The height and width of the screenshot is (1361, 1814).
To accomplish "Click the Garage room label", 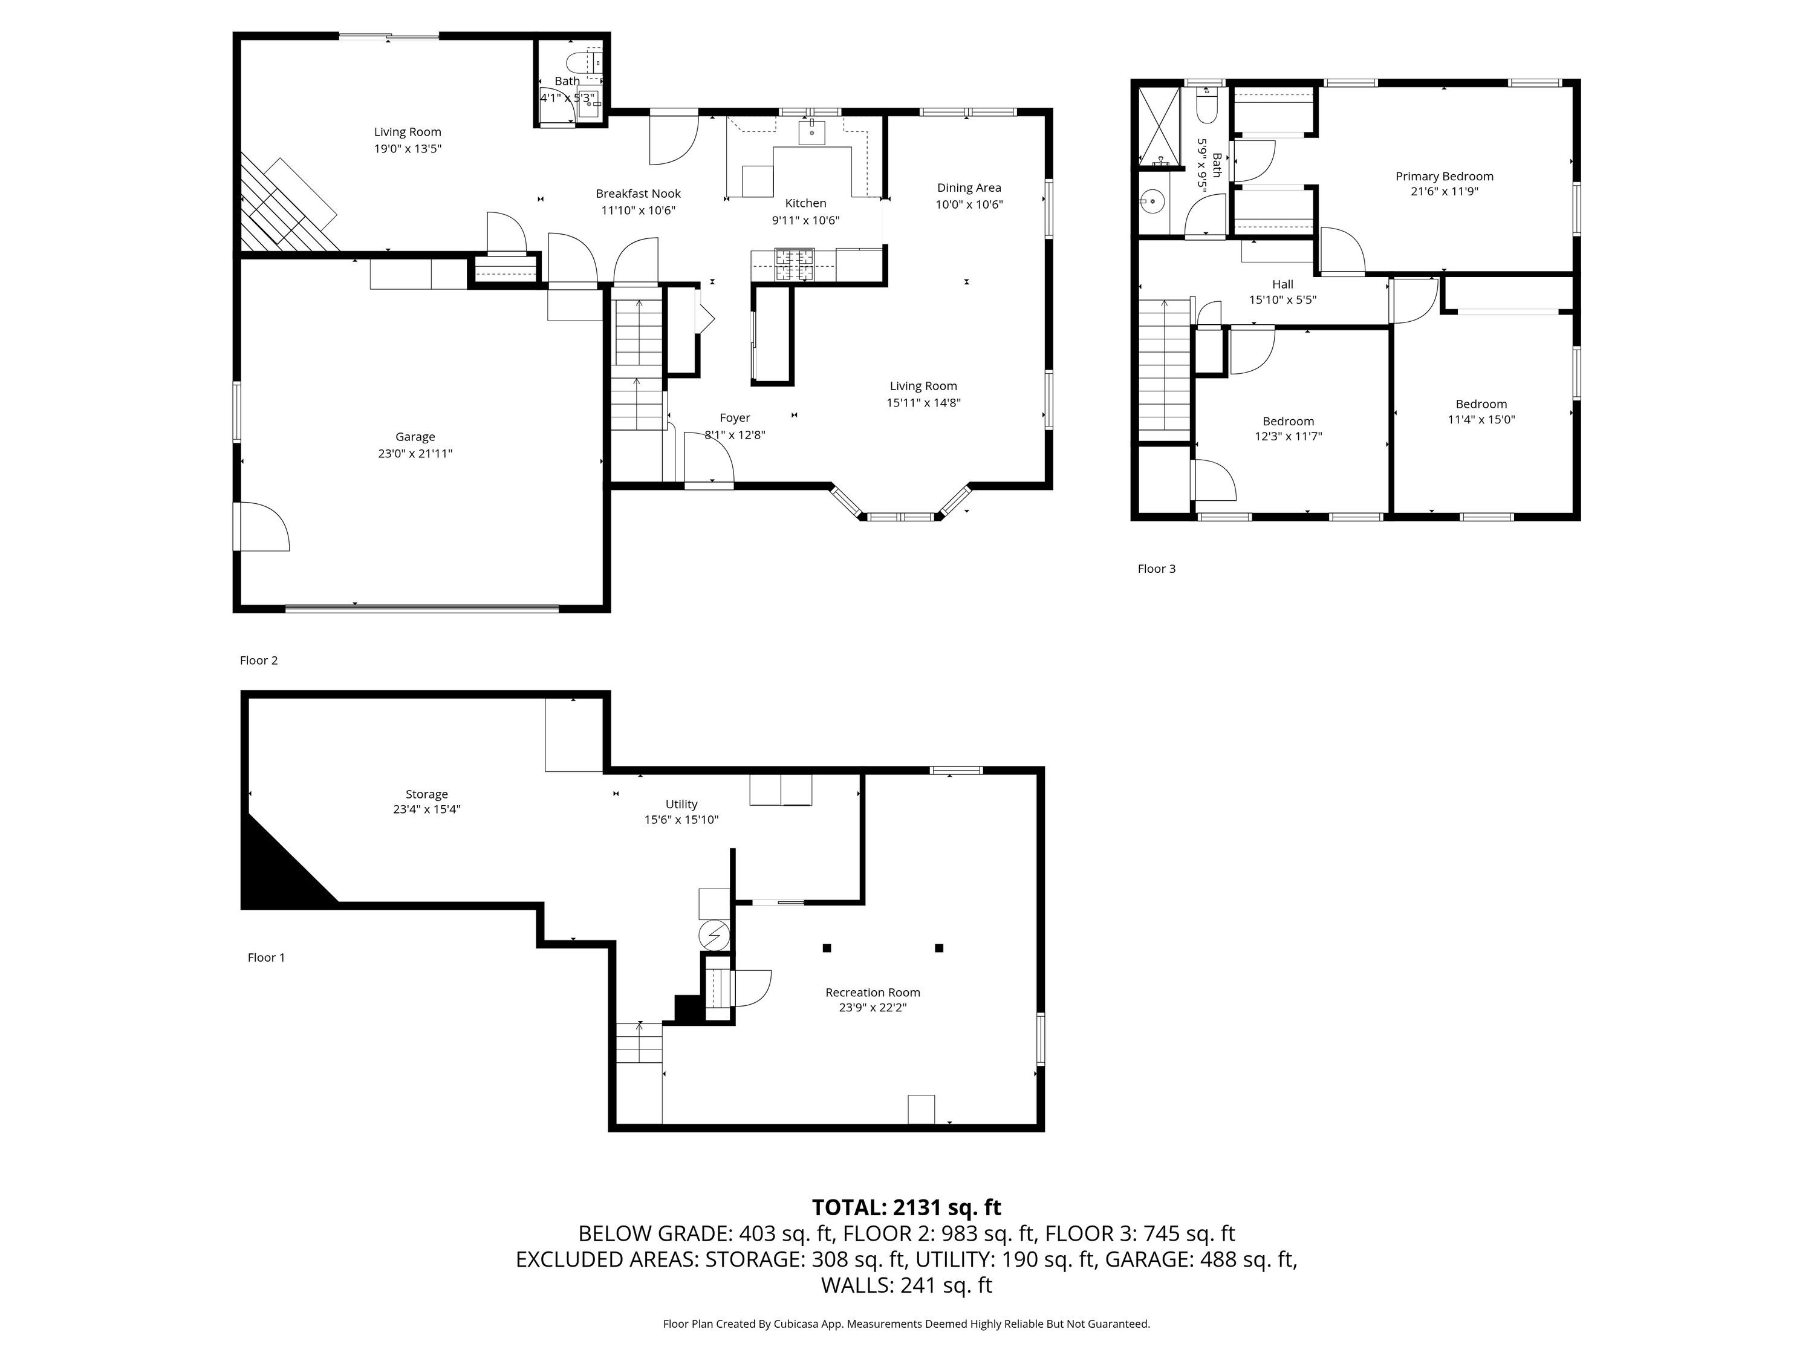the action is [x=415, y=437].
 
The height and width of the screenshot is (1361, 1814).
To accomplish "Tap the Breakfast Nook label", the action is [x=638, y=194].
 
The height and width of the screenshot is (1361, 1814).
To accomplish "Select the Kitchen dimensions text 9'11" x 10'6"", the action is [x=805, y=220].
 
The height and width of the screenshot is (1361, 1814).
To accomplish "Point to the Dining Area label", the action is [x=969, y=188].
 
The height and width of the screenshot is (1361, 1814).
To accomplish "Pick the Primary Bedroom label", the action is [x=1444, y=177].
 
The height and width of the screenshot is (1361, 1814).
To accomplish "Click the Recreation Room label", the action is [x=873, y=993].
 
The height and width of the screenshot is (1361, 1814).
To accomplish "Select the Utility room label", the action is [x=681, y=805].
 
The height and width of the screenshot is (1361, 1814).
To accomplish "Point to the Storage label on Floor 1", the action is [x=426, y=794].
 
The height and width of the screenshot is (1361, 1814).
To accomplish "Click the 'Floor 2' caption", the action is [x=258, y=661].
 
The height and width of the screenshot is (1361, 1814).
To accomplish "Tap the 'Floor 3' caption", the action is [x=1156, y=569].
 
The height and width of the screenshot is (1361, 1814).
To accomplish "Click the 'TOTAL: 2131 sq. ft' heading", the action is [x=906, y=1207].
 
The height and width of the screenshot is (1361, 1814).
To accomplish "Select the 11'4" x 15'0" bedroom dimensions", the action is [x=1481, y=419].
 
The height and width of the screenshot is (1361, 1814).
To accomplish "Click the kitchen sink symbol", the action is [x=812, y=132].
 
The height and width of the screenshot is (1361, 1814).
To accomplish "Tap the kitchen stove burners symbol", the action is [x=795, y=264].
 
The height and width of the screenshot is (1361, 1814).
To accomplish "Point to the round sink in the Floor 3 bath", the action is [x=1152, y=200].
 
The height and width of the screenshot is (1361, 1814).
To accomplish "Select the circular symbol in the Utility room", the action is [x=713, y=935].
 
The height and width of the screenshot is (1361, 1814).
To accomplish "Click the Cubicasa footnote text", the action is [x=906, y=1323].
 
